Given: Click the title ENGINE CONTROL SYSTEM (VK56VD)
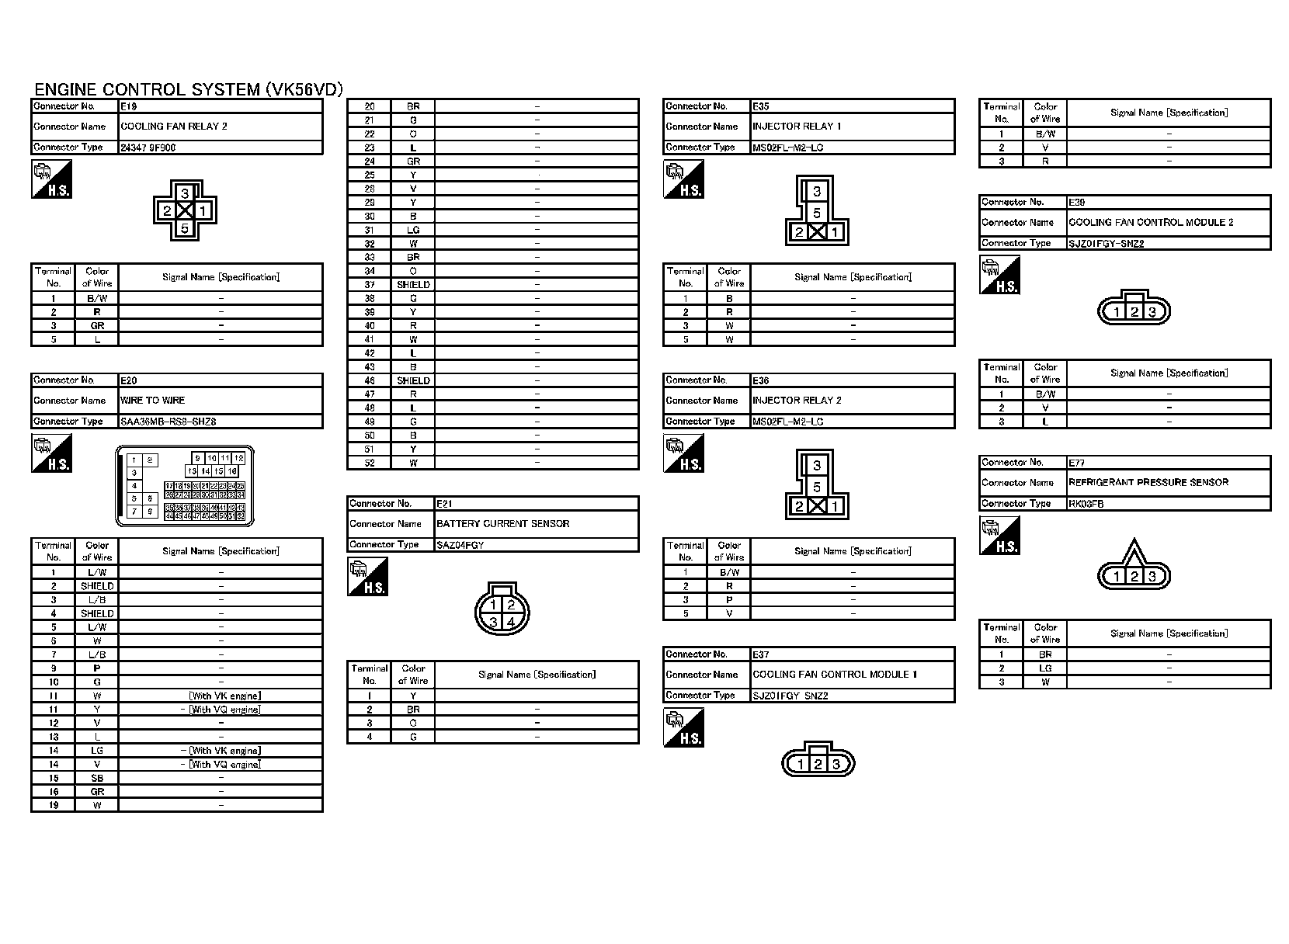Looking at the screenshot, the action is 189,89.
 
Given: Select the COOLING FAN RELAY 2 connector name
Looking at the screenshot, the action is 174,127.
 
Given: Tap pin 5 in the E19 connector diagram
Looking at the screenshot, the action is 184,228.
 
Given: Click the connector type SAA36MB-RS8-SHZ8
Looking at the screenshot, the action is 168,422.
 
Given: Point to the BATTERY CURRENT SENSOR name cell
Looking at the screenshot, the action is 502,524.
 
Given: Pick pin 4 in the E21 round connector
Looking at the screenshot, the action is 511,622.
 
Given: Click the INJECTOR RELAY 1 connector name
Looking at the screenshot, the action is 797,127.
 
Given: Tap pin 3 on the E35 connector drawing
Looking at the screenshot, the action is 817,192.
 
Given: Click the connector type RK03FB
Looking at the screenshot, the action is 1086,504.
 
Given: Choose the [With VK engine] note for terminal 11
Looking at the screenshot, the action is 224,696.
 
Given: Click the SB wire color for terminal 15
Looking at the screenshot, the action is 97,778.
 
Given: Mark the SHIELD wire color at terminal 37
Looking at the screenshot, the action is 413,285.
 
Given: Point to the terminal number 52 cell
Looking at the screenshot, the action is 370,463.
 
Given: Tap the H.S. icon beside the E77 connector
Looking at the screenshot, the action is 999,536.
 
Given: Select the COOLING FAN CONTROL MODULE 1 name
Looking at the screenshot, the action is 834,675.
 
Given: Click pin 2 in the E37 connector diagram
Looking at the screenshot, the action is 818,765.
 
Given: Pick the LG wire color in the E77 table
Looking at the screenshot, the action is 1045,668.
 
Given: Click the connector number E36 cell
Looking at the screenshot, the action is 761,380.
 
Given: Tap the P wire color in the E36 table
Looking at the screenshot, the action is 729,600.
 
